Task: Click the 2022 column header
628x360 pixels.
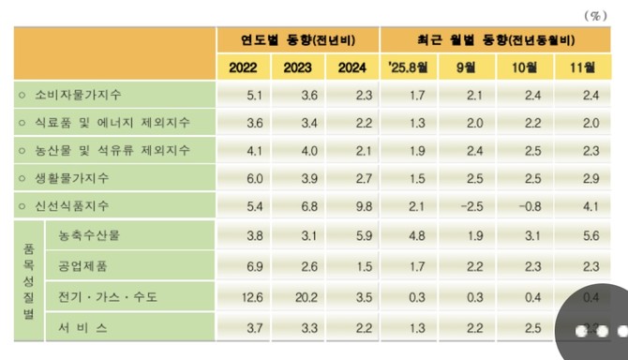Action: [x=243, y=67]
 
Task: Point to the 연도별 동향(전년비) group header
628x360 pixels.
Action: [x=298, y=39]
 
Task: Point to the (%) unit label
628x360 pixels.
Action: [x=595, y=15]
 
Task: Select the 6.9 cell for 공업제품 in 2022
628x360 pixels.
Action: [x=242, y=267]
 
